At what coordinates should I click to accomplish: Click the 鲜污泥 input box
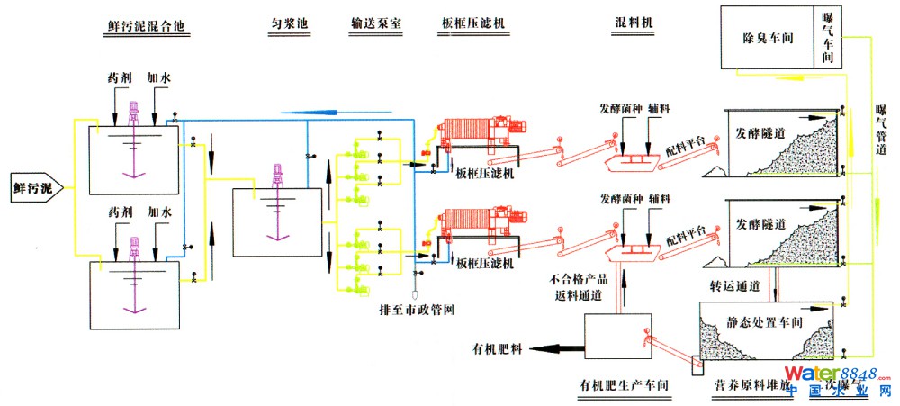click(x=33, y=188)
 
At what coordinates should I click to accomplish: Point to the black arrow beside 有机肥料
click(x=557, y=347)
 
